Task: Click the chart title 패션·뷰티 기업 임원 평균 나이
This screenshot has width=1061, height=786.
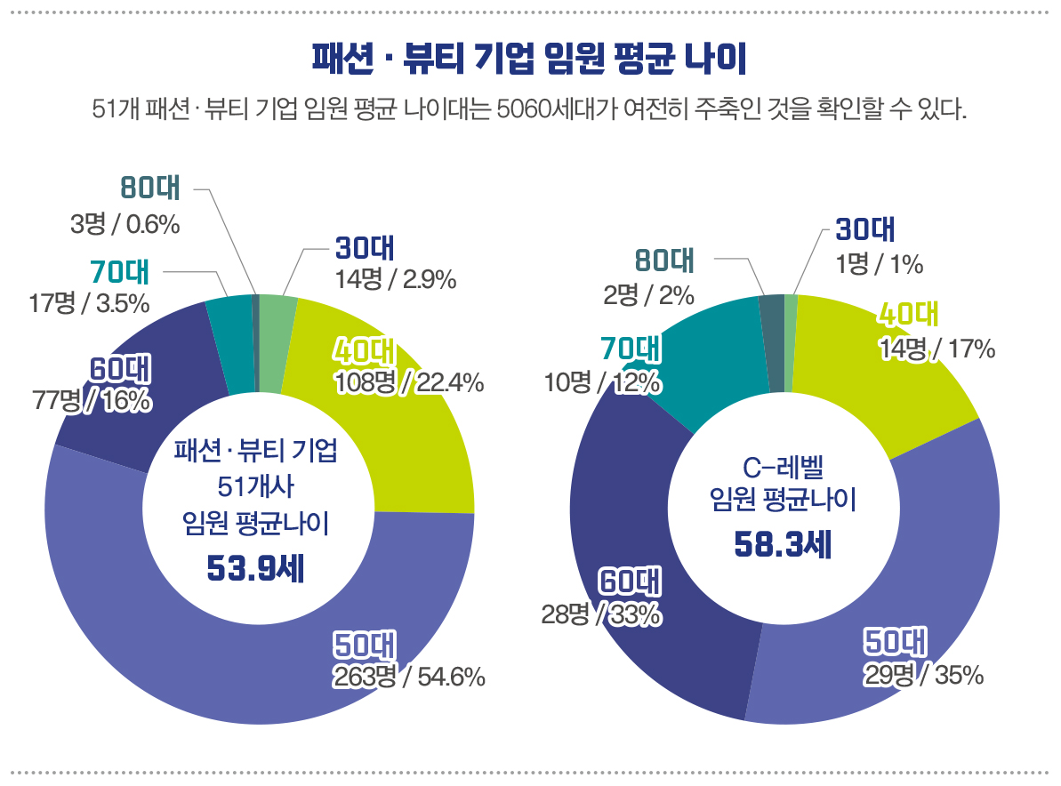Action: pyautogui.click(x=529, y=60)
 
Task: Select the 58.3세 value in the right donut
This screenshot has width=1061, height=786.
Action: pyautogui.click(x=783, y=544)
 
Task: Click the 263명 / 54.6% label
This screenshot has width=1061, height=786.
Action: pyautogui.click(x=409, y=678)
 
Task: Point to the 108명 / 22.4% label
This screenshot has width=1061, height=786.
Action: pyautogui.click(x=409, y=383)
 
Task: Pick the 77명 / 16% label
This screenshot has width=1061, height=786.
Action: pyautogui.click(x=92, y=401)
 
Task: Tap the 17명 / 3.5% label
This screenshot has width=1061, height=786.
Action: pyautogui.click(x=89, y=303)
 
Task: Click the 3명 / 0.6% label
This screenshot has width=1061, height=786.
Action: pyautogui.click(x=125, y=225)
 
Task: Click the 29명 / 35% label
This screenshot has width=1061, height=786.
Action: pyautogui.click(x=924, y=675)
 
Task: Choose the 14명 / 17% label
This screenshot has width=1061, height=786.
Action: pyautogui.click(x=936, y=349)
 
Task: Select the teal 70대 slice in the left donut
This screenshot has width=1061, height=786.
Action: pyautogui.click(x=229, y=347)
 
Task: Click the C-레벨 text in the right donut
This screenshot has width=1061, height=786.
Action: pyautogui.click(x=783, y=467)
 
